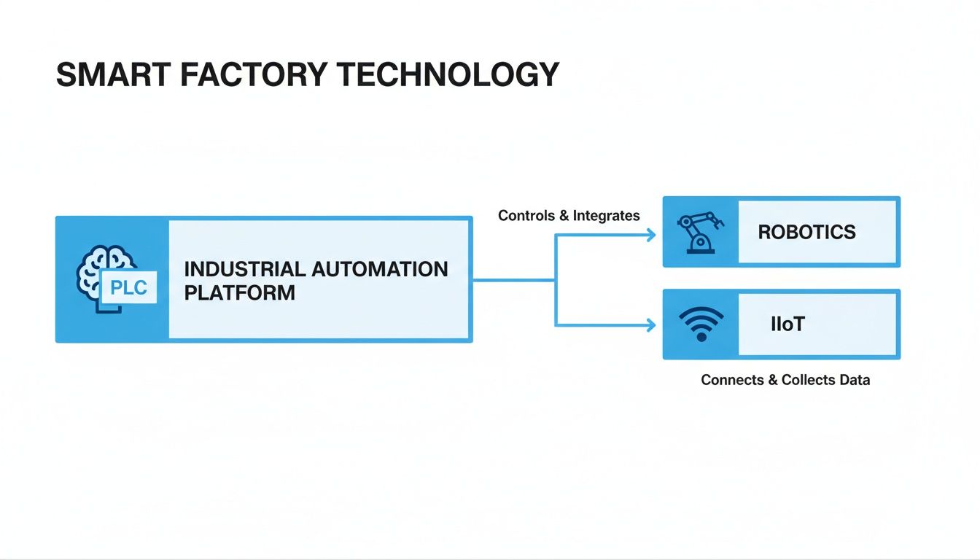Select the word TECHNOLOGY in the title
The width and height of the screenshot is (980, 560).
click(x=452, y=75)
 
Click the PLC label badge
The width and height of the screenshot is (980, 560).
click(x=128, y=289)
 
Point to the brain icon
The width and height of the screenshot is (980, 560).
click(x=99, y=267)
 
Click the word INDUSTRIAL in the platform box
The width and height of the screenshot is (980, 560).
click(x=244, y=268)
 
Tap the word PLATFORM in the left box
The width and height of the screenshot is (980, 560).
click(x=239, y=293)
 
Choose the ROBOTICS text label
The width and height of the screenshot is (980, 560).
click(x=806, y=233)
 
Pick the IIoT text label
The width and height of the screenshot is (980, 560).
click(x=787, y=324)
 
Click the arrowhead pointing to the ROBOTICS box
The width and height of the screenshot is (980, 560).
click(x=650, y=234)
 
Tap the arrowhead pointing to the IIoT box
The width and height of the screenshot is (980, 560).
click(x=650, y=325)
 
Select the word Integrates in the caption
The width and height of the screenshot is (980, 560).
click(x=606, y=215)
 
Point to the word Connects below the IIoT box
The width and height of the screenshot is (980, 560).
click(x=731, y=380)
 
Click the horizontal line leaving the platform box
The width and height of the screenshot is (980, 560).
click(x=513, y=280)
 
